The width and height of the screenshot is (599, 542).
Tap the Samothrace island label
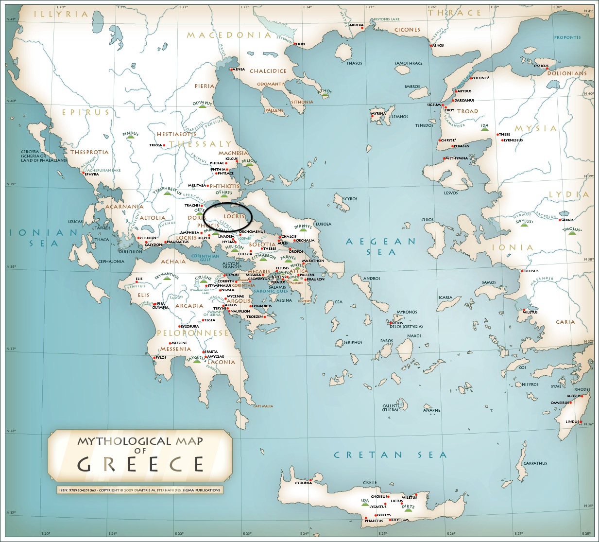[408, 63]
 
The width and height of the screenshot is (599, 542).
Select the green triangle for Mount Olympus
[202, 106]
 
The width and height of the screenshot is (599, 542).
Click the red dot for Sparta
[204, 351]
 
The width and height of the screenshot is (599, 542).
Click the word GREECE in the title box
[140, 465]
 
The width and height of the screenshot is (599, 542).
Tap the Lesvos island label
[450, 193]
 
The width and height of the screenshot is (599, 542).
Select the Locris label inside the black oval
[234, 216]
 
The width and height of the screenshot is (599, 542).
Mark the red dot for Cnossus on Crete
[388, 497]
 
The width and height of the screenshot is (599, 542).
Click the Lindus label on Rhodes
[572, 421]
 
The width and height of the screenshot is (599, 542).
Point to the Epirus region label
[86, 112]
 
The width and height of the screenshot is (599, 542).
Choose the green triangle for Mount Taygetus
[196, 361]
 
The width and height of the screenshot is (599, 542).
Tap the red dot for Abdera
[362, 28]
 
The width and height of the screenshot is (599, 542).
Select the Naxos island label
[414, 336]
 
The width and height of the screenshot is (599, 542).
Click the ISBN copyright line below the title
[139, 490]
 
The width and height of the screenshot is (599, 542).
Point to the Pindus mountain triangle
[130, 137]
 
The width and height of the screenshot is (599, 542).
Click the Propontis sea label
[567, 37]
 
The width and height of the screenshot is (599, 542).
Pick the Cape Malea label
[263, 406]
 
